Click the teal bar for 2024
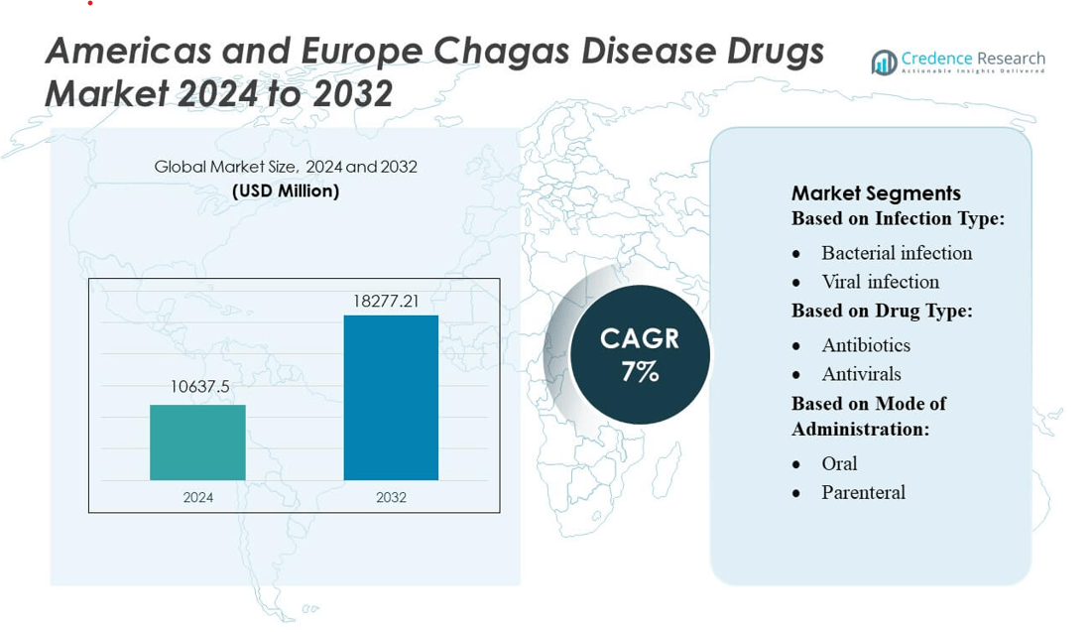(x=197, y=442)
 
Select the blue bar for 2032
(x=391, y=398)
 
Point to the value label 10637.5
(x=199, y=387)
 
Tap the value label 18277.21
(x=391, y=300)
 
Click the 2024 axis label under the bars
(x=198, y=497)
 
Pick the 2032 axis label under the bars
(x=391, y=497)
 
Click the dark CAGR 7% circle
(x=640, y=354)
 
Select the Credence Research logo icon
(x=883, y=63)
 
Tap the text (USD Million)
(x=286, y=190)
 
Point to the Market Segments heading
(x=876, y=193)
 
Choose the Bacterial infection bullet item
(x=897, y=253)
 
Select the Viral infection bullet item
(x=880, y=282)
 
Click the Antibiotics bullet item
(x=866, y=345)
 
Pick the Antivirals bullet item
(x=861, y=374)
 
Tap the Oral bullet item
(x=839, y=463)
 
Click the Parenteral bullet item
(x=863, y=492)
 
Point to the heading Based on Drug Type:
(x=882, y=311)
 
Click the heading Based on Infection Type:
(x=898, y=218)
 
